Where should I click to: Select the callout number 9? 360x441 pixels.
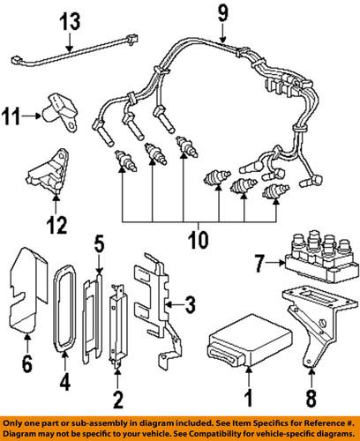coord(223,13)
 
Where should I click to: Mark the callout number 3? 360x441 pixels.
coord(187,306)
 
